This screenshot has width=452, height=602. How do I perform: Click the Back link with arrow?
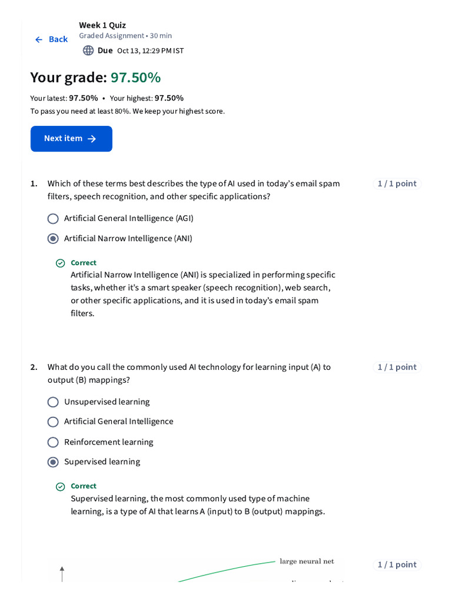(51, 39)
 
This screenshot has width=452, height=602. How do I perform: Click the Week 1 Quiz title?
(102, 25)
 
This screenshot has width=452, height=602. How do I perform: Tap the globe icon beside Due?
(88, 51)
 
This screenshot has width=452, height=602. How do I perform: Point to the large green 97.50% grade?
(135, 78)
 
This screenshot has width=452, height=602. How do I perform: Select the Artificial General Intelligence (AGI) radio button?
(53, 219)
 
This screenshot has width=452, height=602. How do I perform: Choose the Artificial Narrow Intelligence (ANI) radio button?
(53, 239)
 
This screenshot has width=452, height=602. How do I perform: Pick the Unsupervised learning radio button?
(53, 402)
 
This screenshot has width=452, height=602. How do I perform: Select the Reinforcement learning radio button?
(53, 442)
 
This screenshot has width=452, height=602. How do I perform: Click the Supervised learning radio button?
(53, 462)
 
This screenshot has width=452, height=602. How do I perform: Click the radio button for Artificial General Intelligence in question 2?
(53, 422)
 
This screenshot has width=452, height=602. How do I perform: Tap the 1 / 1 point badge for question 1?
(397, 184)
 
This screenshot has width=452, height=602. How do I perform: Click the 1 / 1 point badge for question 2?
(397, 367)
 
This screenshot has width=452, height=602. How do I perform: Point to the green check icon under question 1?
(60, 263)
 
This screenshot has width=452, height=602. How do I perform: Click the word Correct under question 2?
(84, 486)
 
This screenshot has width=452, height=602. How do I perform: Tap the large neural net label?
(307, 561)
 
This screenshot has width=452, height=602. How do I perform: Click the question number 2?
(34, 367)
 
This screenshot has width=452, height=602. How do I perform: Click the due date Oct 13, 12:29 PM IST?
(150, 51)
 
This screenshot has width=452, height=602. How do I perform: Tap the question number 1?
(34, 184)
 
